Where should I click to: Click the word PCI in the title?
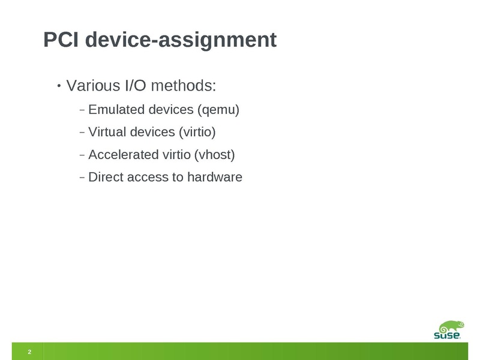[x=61, y=40]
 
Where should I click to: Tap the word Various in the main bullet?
[x=93, y=85]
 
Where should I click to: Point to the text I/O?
[x=136, y=85]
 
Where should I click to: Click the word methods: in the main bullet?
[x=184, y=85]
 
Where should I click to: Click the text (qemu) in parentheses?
[x=218, y=110]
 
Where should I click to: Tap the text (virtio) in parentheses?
[x=197, y=132]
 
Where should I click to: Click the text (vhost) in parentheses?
[x=215, y=155]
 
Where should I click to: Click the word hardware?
[x=215, y=177]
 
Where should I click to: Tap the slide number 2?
[x=29, y=352]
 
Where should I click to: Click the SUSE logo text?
[x=447, y=335]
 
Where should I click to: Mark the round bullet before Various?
[x=59, y=86]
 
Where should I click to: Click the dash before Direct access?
[x=82, y=177]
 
